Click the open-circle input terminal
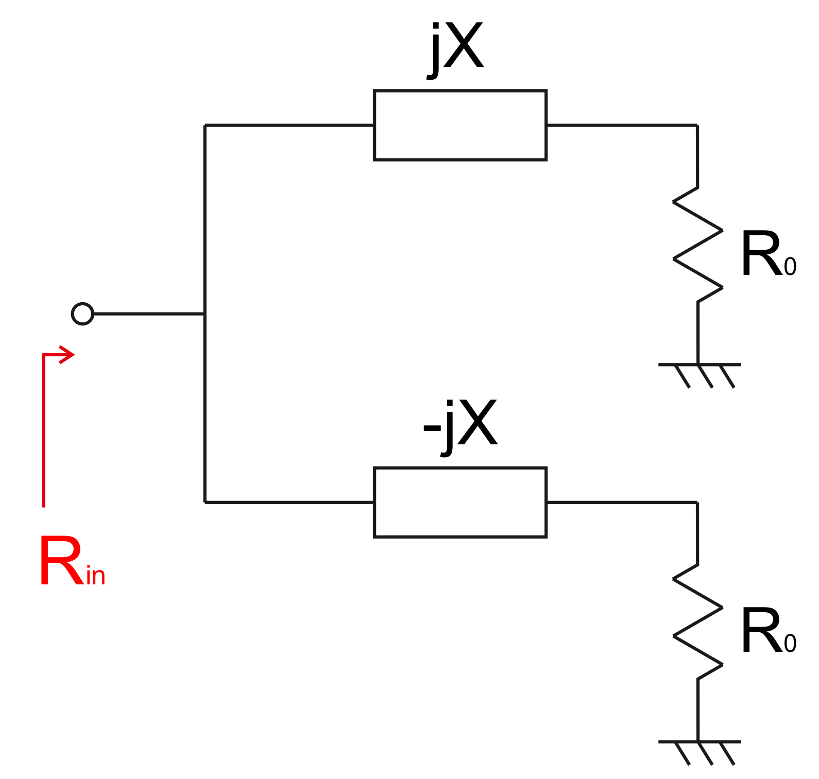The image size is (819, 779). [x=82, y=314]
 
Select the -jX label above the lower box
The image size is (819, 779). [x=460, y=425]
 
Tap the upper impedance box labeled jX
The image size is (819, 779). [x=460, y=125]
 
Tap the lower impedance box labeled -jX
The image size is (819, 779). [x=460, y=502]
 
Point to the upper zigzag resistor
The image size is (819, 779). [x=698, y=245]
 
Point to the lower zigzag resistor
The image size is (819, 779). [x=698, y=621]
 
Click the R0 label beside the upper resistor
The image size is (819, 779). [x=767, y=255]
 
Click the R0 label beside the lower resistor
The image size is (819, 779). [x=767, y=632]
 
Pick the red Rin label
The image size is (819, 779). [x=71, y=561]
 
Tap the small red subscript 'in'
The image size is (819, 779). [x=96, y=576]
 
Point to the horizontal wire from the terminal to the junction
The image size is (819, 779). [x=149, y=314]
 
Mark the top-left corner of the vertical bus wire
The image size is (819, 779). [x=205, y=125]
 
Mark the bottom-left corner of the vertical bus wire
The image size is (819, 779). [x=205, y=502]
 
